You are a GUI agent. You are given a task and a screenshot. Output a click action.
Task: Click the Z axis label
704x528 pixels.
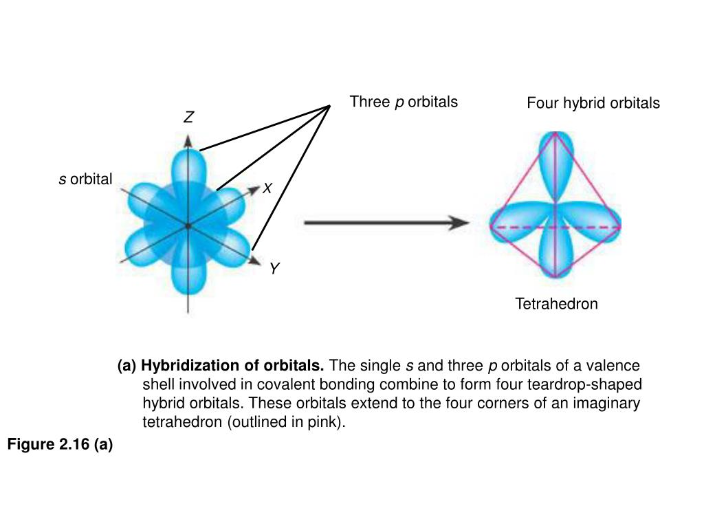click(x=188, y=118)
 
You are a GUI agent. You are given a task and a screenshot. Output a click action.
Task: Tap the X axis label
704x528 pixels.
click(x=268, y=188)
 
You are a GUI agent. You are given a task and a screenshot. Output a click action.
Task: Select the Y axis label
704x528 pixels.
click(x=274, y=269)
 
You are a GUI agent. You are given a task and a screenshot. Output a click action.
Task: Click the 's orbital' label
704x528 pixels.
click(x=85, y=180)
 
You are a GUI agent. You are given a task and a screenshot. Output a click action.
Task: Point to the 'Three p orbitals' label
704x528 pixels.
click(x=403, y=102)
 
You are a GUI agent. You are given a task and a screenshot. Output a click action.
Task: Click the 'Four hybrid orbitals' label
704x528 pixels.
click(x=593, y=103)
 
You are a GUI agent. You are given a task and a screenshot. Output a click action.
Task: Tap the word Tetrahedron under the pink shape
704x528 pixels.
click(x=556, y=304)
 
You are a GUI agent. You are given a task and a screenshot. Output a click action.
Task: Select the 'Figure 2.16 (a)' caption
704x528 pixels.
click(x=60, y=445)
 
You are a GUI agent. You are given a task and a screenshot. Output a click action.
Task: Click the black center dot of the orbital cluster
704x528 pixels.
click(x=187, y=225)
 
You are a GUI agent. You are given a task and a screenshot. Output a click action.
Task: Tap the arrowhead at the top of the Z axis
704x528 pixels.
click(x=188, y=140)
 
